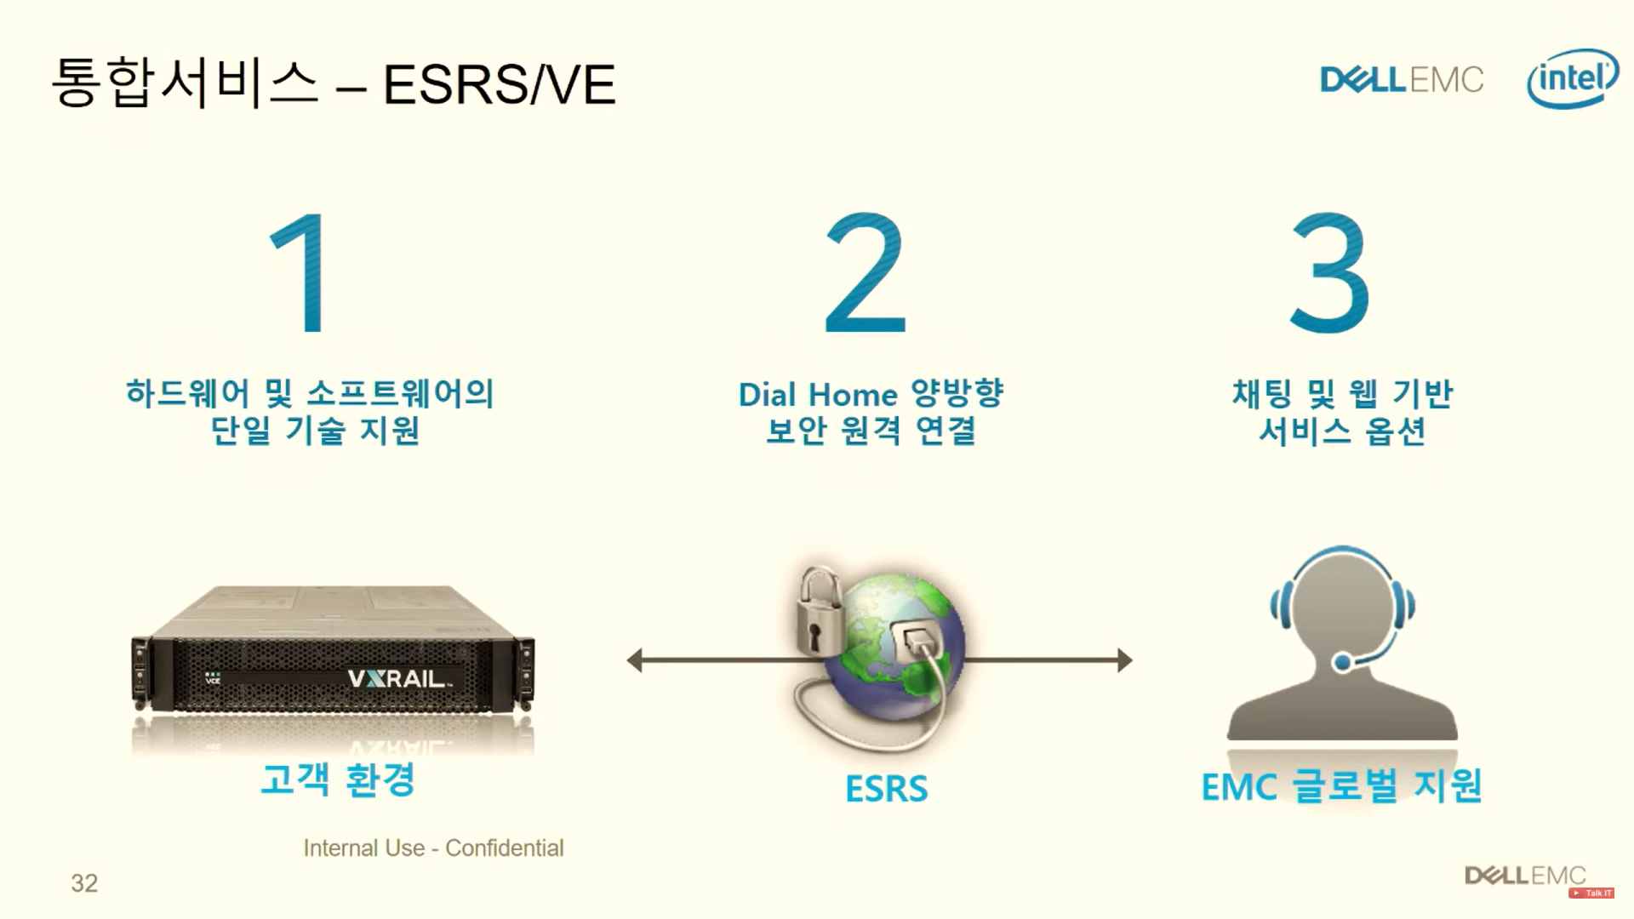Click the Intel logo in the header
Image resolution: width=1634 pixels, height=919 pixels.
[x=1573, y=79]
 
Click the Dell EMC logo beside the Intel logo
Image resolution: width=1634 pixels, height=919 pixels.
[x=1402, y=80]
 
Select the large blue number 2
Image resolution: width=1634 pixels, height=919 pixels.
[x=866, y=273]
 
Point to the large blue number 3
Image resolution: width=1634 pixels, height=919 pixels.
[x=1329, y=273]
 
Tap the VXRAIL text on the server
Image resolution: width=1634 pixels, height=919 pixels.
[x=398, y=678]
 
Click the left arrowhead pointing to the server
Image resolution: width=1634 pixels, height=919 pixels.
[x=635, y=660]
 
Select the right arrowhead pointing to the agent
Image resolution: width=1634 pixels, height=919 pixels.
[x=1124, y=660]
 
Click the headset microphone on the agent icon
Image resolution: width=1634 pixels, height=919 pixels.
[x=1342, y=661]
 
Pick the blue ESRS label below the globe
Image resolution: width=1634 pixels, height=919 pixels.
[x=886, y=789]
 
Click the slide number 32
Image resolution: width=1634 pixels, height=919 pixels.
[x=84, y=883]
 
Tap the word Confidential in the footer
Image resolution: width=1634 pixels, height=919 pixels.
[x=504, y=848]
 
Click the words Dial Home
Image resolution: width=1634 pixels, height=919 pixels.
[x=818, y=395]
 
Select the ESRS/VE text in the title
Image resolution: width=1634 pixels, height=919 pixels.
[x=499, y=84]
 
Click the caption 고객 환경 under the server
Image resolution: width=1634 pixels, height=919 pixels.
[x=338, y=779]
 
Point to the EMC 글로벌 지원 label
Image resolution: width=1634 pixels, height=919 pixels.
[x=1341, y=786]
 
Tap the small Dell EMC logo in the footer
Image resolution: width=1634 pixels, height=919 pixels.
[x=1525, y=875]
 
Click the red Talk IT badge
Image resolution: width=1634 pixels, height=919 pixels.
[x=1591, y=893]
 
